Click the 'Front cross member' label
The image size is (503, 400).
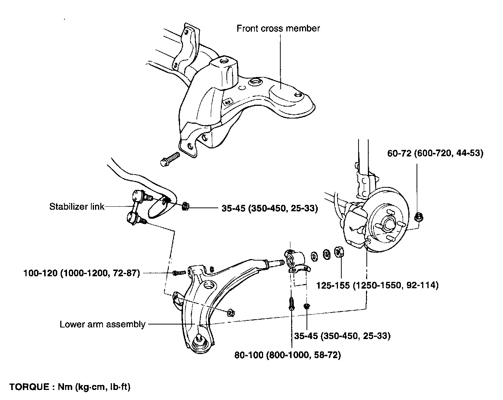tap(278, 28)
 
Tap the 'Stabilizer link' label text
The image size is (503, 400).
tap(77, 207)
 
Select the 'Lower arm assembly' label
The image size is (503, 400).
tap(103, 324)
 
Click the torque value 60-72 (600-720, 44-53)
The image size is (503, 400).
tap(435, 153)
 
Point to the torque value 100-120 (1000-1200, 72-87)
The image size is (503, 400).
tap(82, 273)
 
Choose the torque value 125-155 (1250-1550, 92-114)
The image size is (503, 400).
tap(377, 285)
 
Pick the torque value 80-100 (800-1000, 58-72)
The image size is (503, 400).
tap(287, 355)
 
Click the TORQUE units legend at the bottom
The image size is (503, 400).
tap(70, 387)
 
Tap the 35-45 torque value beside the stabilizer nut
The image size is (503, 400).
tap(270, 208)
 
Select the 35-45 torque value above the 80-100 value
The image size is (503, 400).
tap(342, 336)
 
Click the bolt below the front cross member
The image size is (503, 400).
tap(170, 159)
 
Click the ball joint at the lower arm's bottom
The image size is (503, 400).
tap(199, 343)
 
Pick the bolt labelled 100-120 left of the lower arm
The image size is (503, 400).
tap(179, 273)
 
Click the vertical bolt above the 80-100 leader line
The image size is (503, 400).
tap(292, 304)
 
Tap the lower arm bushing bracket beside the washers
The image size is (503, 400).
tap(297, 262)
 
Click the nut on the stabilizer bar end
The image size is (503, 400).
tap(185, 206)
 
